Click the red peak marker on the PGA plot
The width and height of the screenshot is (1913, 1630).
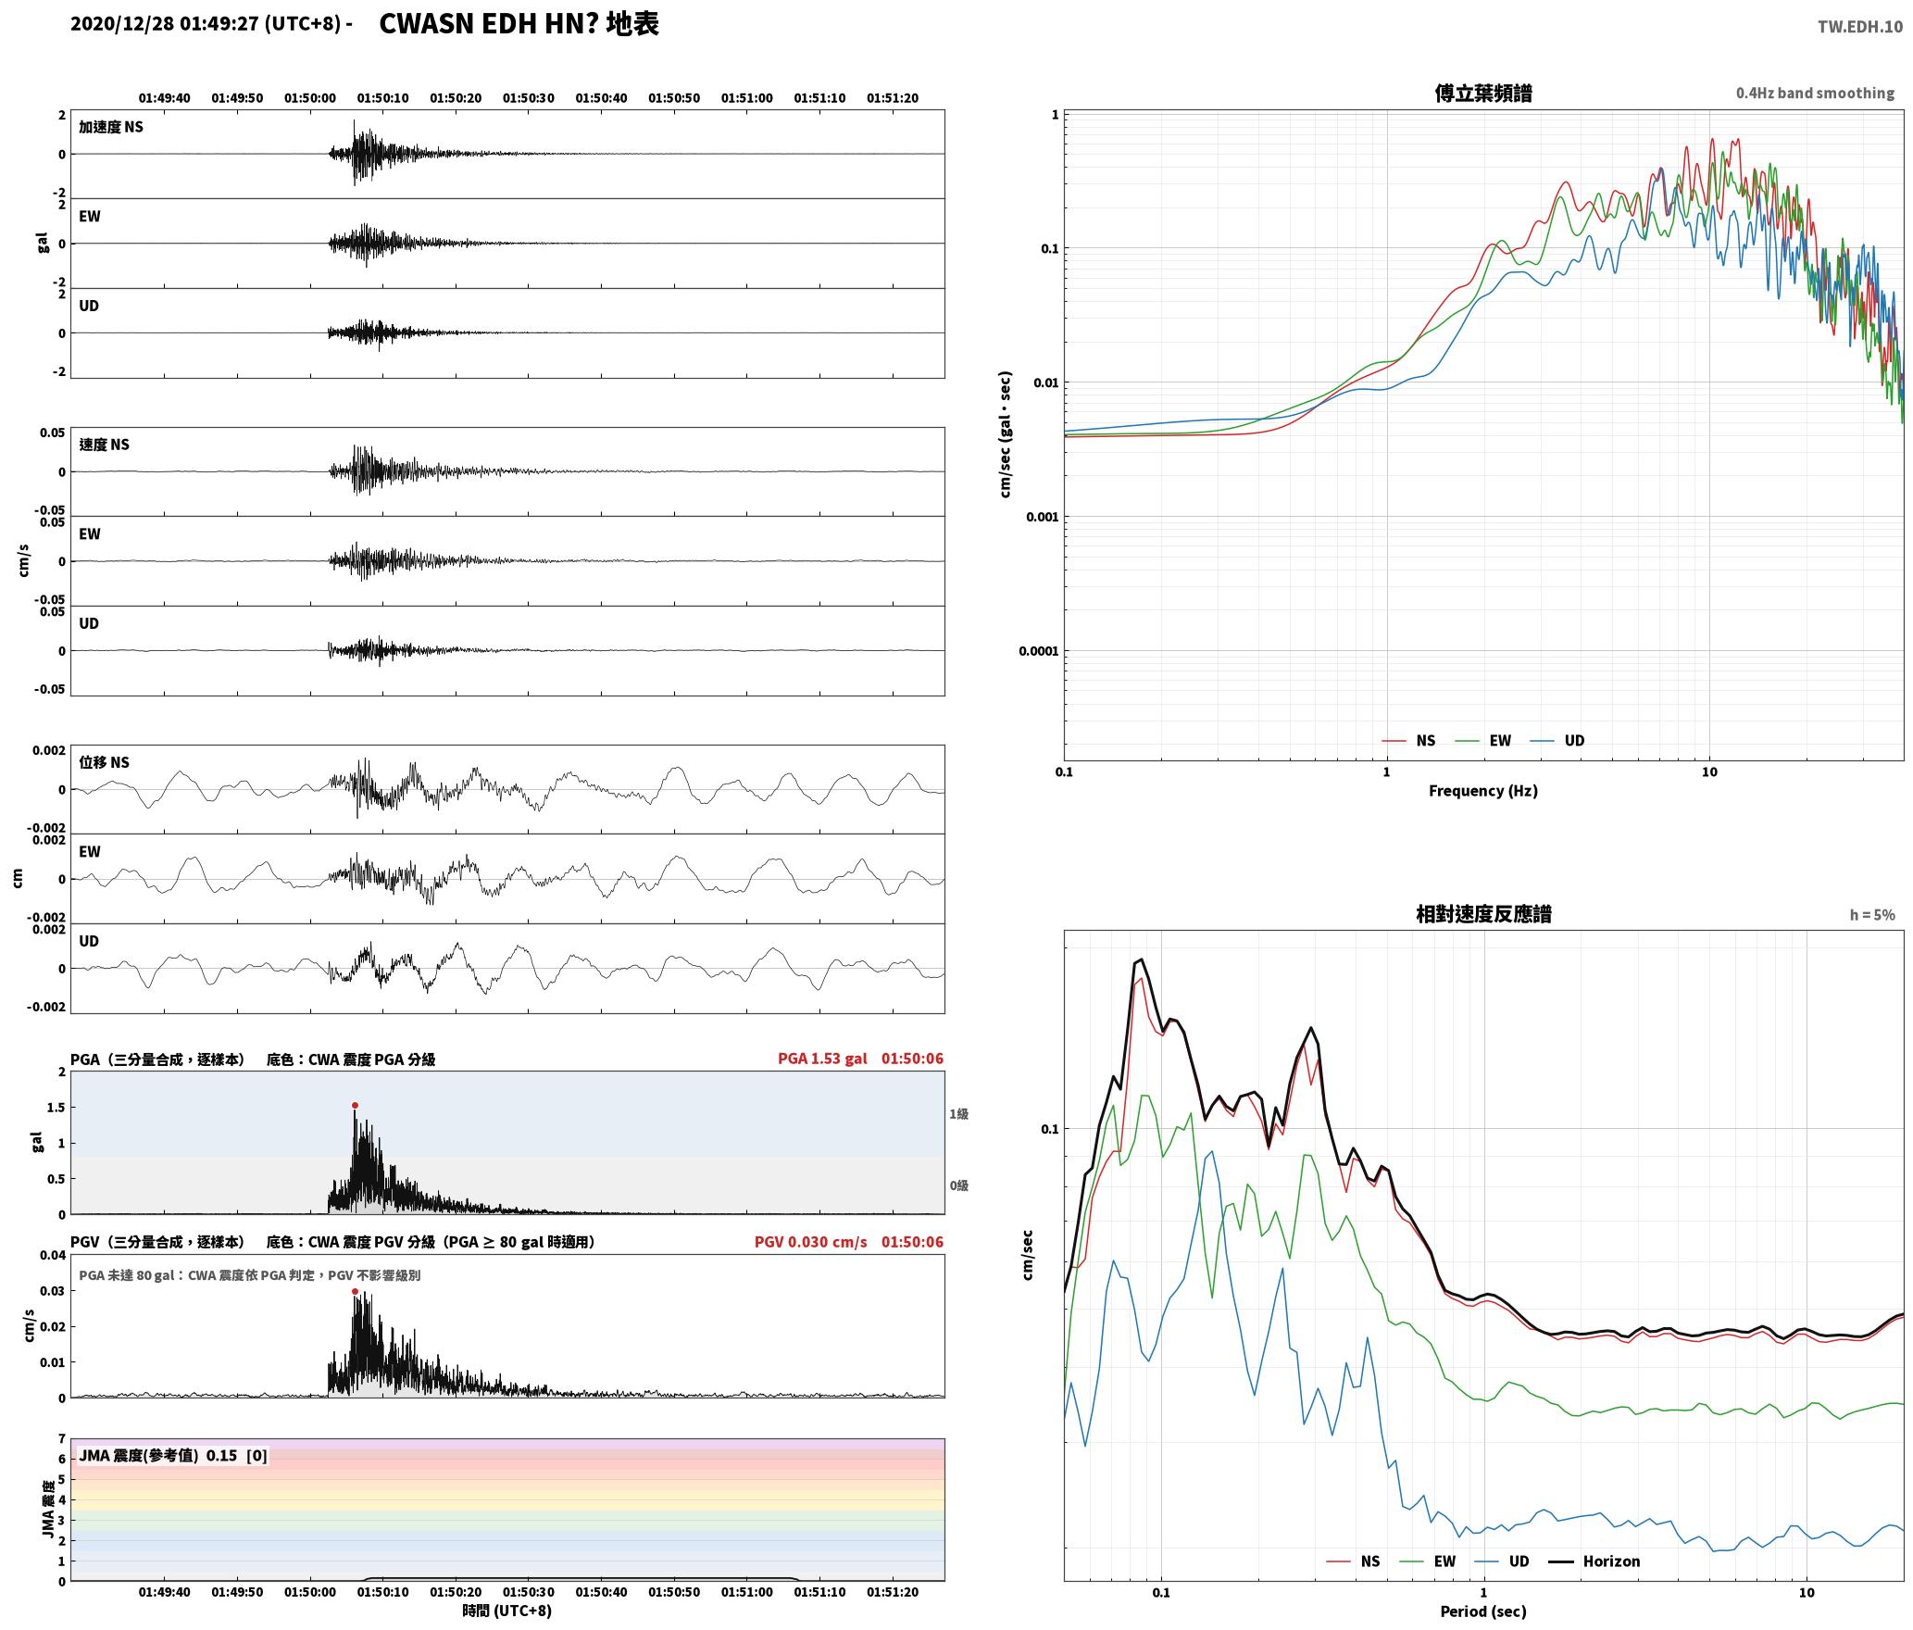pos(355,1105)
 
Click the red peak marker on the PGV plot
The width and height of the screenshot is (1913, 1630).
pos(355,1291)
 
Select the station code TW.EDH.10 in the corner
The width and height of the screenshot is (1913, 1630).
pos(1859,26)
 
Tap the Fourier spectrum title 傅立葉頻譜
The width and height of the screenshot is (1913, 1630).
pos(1482,93)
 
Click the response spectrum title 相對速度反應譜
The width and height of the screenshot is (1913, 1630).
pos(1482,914)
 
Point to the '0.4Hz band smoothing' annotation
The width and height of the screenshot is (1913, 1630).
pos(1815,93)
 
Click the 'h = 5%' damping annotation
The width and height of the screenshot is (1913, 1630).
pos(1872,915)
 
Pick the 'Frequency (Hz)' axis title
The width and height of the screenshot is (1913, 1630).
pos(1482,790)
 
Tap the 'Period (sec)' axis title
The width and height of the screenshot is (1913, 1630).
pos(1482,1611)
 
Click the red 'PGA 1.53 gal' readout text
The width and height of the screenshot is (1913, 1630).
pos(822,1059)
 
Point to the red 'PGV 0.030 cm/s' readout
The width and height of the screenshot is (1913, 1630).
pos(810,1242)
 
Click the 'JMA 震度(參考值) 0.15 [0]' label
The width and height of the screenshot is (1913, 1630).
pos(173,1455)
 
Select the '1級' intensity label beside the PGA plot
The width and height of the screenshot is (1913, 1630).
pos(958,1113)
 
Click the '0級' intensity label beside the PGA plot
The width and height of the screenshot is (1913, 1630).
pos(958,1185)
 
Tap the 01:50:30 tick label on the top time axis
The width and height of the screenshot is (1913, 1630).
pos(529,97)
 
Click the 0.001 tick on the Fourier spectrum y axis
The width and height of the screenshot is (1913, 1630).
pos(1042,517)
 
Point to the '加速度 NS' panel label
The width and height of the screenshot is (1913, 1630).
pos(111,127)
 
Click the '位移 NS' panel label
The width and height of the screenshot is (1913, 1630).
pos(104,762)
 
